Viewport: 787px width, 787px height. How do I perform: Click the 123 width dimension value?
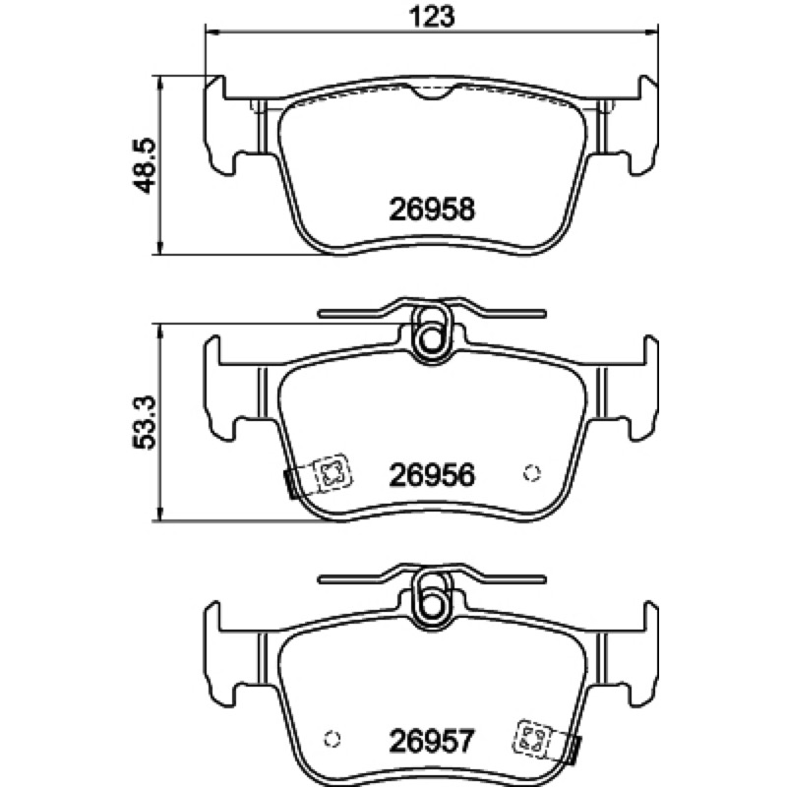[432, 16]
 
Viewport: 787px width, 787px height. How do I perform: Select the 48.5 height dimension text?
[145, 166]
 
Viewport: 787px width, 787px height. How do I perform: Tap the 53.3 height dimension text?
[145, 423]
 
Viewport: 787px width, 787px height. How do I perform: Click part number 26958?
[432, 210]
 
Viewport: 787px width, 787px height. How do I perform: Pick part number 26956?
[432, 475]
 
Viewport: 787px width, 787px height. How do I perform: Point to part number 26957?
[432, 741]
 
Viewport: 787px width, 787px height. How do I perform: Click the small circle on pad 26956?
[531, 473]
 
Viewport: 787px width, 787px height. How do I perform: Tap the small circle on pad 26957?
[333, 739]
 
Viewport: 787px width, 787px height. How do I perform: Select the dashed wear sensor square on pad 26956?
[332, 473]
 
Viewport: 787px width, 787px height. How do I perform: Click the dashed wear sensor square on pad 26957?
[532, 739]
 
